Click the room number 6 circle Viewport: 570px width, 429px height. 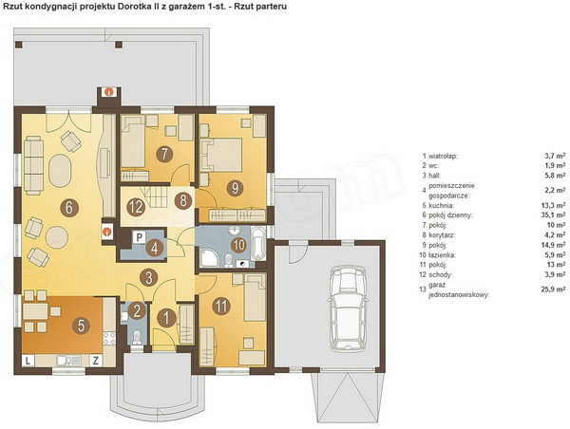70,208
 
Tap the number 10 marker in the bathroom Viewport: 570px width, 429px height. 238,245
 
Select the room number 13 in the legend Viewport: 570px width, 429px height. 423,289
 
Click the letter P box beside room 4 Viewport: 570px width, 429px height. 139,238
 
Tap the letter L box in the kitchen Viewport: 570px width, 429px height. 28,361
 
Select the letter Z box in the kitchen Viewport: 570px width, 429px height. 96,361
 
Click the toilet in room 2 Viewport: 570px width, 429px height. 137,336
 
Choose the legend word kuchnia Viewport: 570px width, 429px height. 441,206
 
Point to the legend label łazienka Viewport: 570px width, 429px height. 443,255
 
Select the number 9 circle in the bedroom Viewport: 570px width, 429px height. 235,188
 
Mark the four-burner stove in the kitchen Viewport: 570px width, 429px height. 109,338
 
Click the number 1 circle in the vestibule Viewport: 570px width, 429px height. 166,319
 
